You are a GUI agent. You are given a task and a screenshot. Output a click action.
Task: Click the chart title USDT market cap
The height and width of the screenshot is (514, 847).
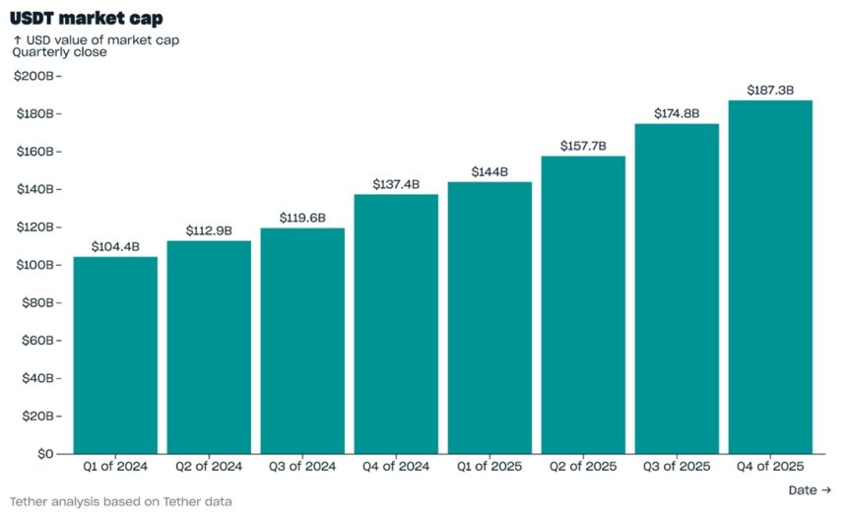point(87,18)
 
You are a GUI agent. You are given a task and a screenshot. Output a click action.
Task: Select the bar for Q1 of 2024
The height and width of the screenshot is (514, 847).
point(115,355)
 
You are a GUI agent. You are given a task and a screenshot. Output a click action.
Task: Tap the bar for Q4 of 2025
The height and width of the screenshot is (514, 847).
point(770,277)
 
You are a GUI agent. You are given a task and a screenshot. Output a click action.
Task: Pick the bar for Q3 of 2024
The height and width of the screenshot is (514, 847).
point(302,342)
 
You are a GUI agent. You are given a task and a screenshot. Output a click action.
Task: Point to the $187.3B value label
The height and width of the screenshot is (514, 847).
point(770,91)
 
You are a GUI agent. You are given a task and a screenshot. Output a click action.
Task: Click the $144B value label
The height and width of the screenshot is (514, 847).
point(489,171)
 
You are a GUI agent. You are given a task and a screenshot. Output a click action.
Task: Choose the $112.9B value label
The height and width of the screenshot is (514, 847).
point(209,231)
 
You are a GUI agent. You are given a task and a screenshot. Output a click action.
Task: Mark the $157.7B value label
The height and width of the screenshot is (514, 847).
point(583,146)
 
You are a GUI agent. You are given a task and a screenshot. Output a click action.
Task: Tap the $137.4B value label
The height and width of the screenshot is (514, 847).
point(396,184)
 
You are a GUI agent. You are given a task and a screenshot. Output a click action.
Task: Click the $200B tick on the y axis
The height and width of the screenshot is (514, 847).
point(35,76)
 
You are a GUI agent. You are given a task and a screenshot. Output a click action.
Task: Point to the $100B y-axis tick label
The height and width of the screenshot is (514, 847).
point(35,265)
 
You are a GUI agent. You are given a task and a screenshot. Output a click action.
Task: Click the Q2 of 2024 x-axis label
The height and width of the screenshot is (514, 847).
point(209,467)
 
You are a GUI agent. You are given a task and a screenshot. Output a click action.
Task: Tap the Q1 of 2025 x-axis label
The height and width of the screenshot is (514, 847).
point(489,467)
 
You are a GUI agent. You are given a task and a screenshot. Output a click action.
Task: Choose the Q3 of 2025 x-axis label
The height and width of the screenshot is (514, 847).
point(677,467)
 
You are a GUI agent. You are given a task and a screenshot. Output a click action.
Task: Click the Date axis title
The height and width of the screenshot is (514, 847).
point(810,490)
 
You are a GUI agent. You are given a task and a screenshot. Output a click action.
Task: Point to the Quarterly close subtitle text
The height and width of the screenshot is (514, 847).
point(59,52)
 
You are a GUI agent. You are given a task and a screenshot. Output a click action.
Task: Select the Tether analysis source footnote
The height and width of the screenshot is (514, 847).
point(121,501)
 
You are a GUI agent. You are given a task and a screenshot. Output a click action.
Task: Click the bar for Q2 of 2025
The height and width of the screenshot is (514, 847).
point(583,305)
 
